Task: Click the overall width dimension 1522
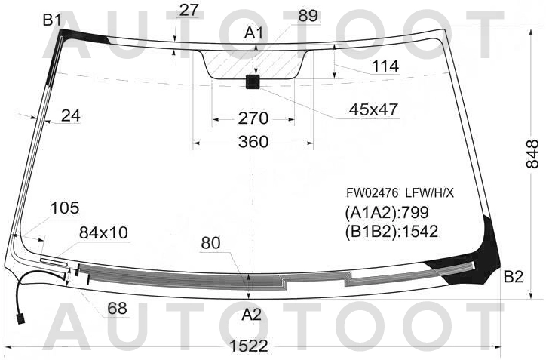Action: (x=249, y=346)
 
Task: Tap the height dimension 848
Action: (x=532, y=155)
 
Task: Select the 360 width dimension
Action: (x=253, y=142)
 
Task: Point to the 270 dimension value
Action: (x=253, y=118)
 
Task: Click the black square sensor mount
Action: (x=253, y=82)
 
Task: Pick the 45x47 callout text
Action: (x=373, y=109)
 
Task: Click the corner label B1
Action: (x=52, y=20)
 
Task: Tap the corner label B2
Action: (x=514, y=277)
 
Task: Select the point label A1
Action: (x=253, y=33)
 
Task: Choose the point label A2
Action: (x=251, y=315)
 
